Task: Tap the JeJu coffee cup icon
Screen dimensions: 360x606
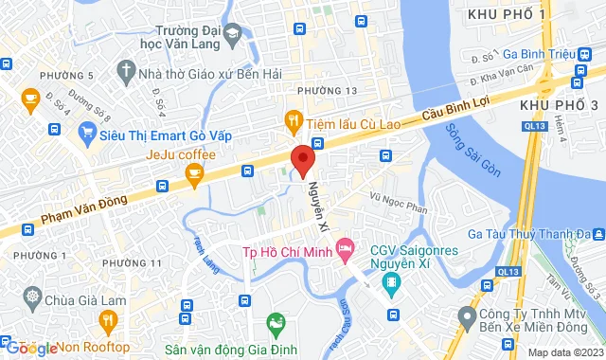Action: tap(195, 171)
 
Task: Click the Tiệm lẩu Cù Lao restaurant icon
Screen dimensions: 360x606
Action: tap(294, 120)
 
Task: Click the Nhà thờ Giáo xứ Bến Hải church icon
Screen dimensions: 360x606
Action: tap(126, 71)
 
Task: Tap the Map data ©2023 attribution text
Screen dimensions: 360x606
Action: tap(564, 352)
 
